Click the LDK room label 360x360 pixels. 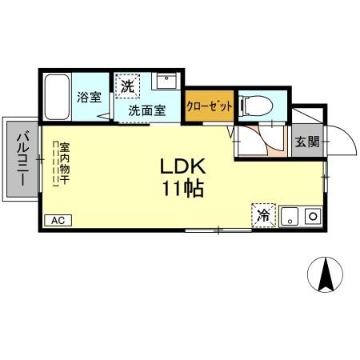(x=184, y=167)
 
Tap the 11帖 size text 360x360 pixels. (x=184, y=190)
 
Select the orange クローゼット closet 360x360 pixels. (x=210, y=106)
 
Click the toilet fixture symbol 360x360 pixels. (x=255, y=104)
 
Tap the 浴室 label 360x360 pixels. (x=89, y=98)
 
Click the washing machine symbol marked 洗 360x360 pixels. (x=128, y=84)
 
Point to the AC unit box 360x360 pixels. (x=58, y=220)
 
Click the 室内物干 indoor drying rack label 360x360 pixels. (x=64, y=164)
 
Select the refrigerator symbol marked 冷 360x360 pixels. (x=263, y=214)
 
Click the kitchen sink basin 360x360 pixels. (x=290, y=214)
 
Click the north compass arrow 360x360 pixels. (x=326, y=276)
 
